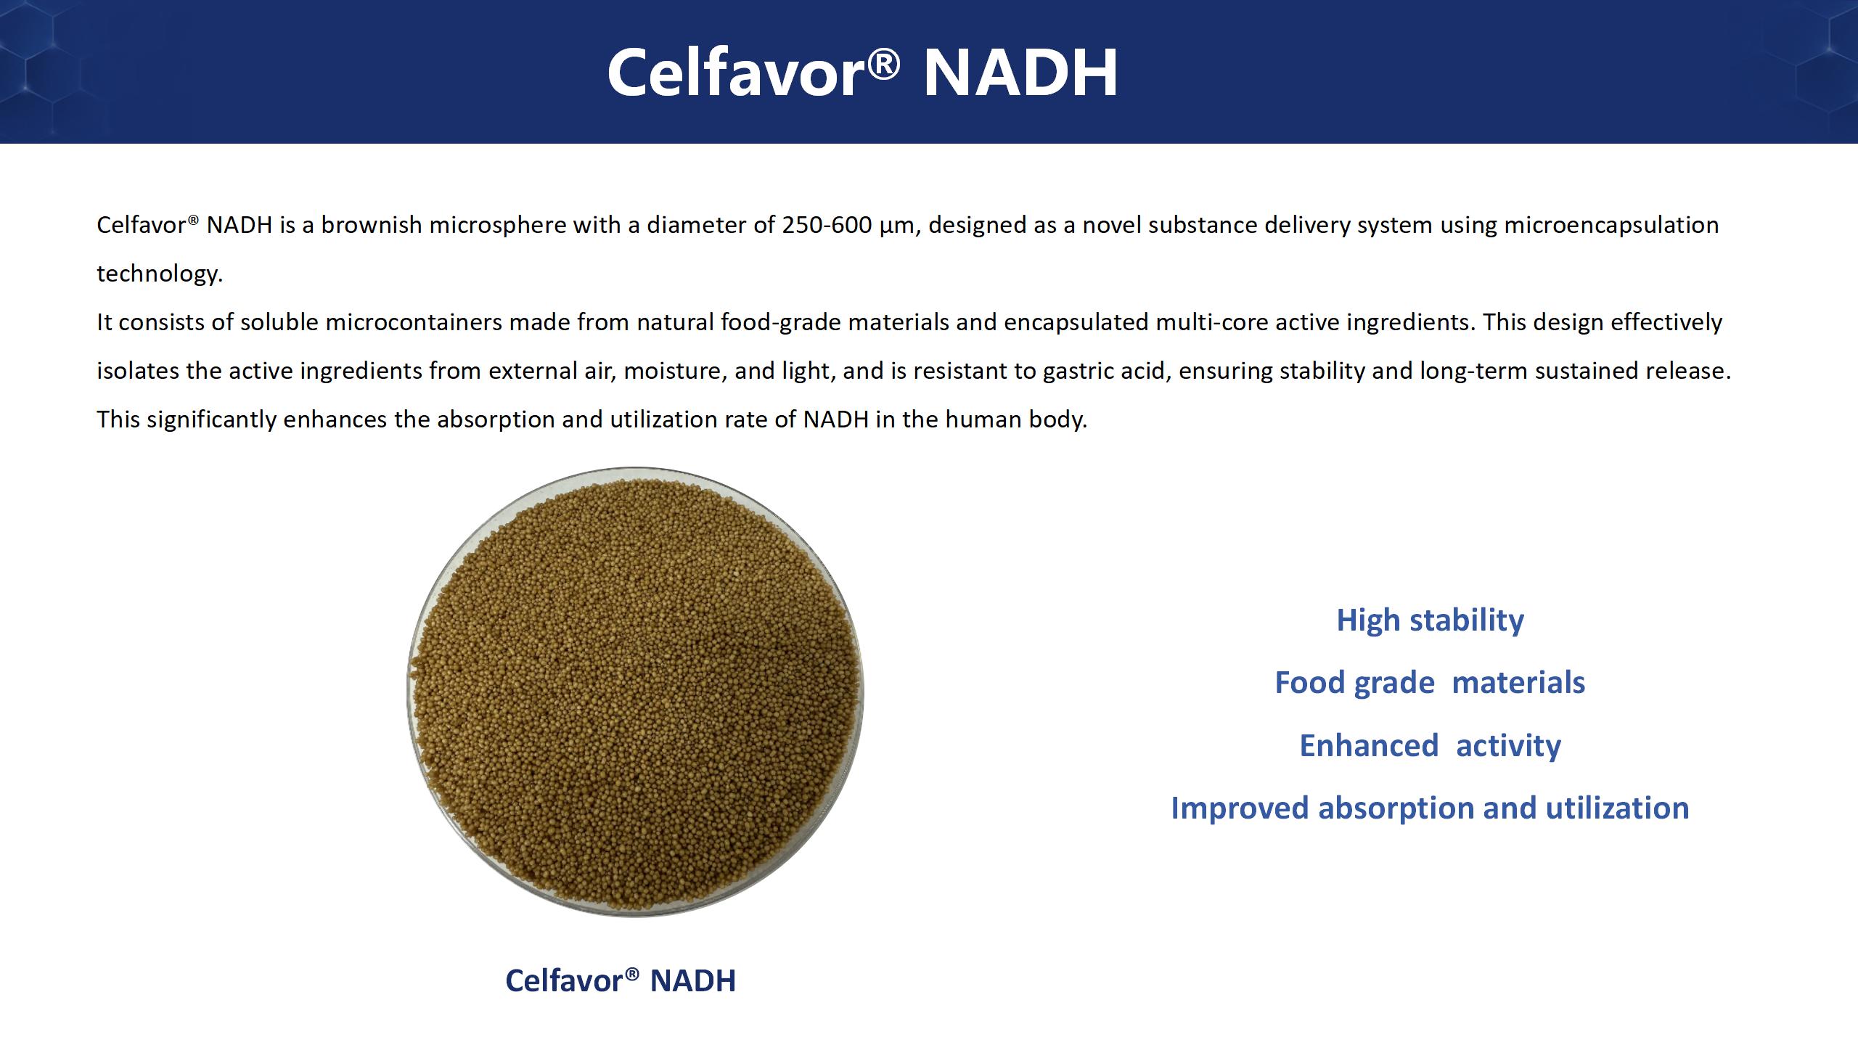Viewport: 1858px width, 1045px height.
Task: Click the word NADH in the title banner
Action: (1020, 73)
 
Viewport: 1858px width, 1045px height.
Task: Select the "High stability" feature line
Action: (1430, 620)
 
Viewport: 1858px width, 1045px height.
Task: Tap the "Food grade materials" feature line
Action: (1430, 683)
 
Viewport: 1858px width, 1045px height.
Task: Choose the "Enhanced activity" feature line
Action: (1430, 745)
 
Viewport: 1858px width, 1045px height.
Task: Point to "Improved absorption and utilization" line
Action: (1430, 808)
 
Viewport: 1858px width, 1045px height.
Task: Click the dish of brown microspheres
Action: (635, 692)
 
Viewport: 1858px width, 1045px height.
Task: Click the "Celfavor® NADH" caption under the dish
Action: (621, 980)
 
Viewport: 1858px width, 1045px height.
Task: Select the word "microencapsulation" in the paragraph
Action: (1611, 226)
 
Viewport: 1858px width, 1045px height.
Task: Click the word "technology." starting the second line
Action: (160, 274)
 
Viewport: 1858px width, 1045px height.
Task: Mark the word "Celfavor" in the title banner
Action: (736, 73)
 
